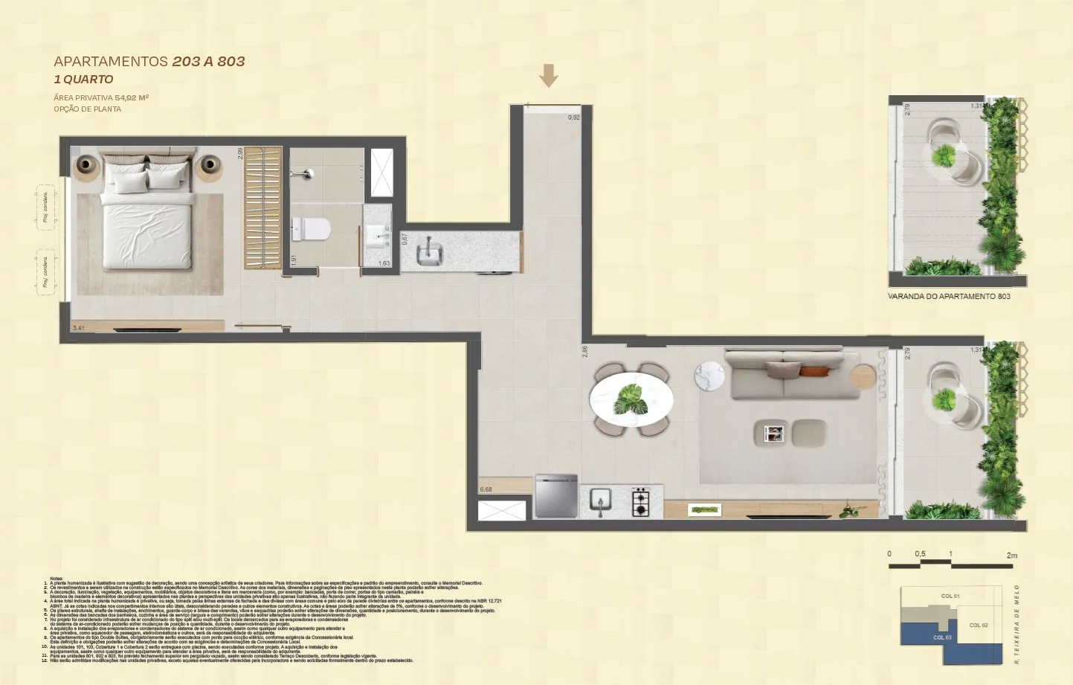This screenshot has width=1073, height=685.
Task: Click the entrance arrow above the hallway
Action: (549, 75)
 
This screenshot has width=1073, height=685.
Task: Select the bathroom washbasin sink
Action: (379, 237)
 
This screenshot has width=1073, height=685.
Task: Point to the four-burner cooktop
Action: (640, 502)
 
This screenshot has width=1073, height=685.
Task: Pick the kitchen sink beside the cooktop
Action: (600, 501)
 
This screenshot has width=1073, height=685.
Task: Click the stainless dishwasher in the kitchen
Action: (556, 496)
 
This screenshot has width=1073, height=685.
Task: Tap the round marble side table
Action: (709, 376)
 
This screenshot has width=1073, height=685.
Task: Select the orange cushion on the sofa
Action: (813, 370)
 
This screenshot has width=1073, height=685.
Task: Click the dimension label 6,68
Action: (486, 489)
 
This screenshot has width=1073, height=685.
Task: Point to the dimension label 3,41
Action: (79, 327)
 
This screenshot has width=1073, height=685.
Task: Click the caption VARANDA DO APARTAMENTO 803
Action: (949, 296)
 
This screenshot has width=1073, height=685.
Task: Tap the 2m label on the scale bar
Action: (1011, 556)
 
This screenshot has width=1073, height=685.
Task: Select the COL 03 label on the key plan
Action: (942, 637)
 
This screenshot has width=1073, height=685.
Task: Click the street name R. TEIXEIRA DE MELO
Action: (1016, 625)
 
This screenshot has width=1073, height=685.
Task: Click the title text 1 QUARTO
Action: (83, 80)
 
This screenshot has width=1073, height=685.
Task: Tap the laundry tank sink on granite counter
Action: (429, 253)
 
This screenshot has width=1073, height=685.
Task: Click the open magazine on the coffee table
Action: (773, 433)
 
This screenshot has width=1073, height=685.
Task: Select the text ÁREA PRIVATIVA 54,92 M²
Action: (101, 97)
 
